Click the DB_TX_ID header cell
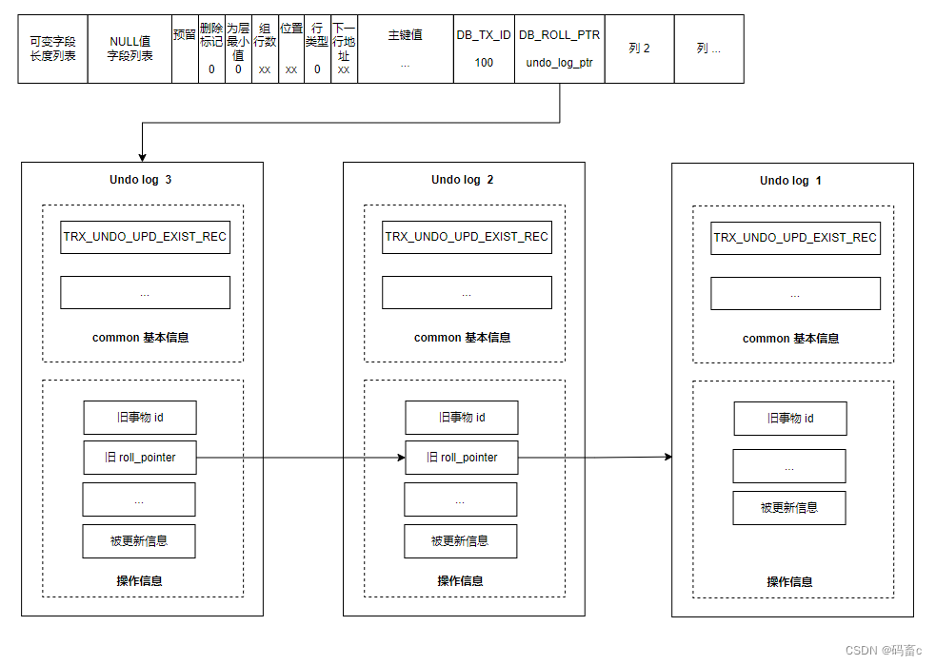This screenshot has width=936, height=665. tap(484, 49)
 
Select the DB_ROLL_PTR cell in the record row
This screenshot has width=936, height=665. tap(559, 49)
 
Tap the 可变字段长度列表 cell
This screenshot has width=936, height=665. tap(52, 49)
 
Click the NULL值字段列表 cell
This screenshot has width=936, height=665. tap(129, 49)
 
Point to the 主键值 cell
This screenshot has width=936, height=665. tap(406, 49)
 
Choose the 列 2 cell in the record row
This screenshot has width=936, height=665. tap(639, 49)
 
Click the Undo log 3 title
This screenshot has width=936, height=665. tap(140, 180)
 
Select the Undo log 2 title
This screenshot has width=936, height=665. tap(463, 180)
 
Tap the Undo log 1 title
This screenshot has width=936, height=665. tap(790, 181)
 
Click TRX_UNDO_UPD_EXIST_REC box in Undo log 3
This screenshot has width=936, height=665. tap(145, 237)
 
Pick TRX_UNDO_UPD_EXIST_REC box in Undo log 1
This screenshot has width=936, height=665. tap(795, 238)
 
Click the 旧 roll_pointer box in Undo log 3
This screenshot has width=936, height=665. tap(140, 458)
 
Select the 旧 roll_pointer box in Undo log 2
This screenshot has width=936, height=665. tap(462, 458)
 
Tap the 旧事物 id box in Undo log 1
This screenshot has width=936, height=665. tap(790, 419)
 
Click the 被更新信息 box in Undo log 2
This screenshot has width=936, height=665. tap(460, 541)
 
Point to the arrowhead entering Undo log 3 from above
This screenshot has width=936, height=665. tap(142, 158)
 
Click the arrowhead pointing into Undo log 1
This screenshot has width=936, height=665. tap(668, 457)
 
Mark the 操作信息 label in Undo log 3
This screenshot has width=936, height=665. tap(139, 581)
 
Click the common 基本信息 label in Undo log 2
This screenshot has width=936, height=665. tap(463, 338)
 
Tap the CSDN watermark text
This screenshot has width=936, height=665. tap(884, 650)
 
